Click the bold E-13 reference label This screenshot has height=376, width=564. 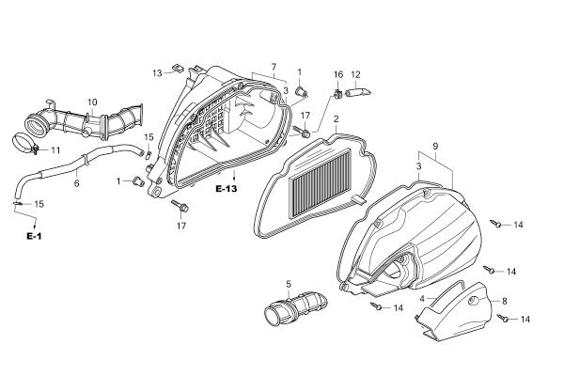pos(227,189)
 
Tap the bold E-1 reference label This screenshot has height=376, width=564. pos(34,236)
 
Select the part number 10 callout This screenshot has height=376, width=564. pos(92,102)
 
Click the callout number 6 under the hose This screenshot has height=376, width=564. pos(77,183)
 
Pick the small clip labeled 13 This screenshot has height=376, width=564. pos(178,68)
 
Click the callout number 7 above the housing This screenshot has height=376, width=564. pos(274,67)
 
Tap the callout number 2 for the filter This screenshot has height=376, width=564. pos(336,119)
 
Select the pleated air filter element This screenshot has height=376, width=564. pos(321,183)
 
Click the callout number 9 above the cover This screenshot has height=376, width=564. pos(435,147)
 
